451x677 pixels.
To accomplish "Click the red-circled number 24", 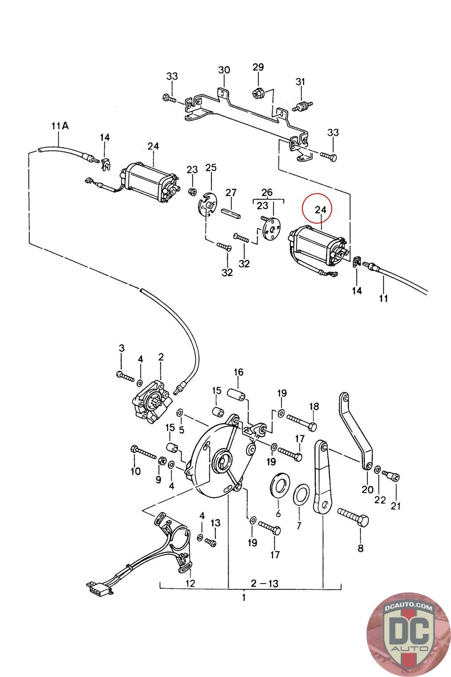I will [x=320, y=209].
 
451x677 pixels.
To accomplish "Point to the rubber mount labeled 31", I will [x=301, y=106].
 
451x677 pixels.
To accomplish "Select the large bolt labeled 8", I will [x=353, y=517].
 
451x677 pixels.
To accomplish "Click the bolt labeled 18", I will [x=301, y=422].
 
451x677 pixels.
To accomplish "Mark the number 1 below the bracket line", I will [x=244, y=597].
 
